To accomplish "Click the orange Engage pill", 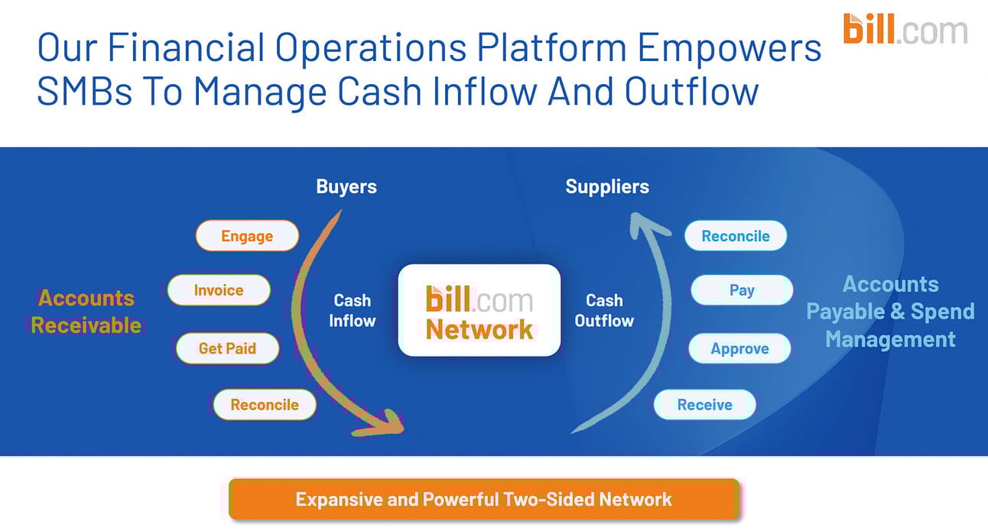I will click(247, 236).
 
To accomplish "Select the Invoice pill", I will click(219, 290).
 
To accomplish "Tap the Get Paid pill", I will click(227, 348).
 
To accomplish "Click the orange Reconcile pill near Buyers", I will click(265, 405).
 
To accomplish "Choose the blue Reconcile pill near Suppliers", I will click(735, 236).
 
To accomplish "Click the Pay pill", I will click(741, 290).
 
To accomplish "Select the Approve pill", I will click(739, 348).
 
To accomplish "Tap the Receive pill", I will click(704, 405).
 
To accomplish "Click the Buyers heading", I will click(346, 186).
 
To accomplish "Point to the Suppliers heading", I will click(607, 186).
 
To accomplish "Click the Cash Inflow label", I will click(352, 310).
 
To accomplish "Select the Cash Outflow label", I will click(604, 310).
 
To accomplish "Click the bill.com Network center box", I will click(479, 310).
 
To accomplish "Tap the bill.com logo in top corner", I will click(905, 29).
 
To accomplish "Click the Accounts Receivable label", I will click(86, 311).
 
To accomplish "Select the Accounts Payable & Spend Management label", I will click(890, 311).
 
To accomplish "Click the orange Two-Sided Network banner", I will click(483, 500).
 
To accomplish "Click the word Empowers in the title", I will click(729, 47).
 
